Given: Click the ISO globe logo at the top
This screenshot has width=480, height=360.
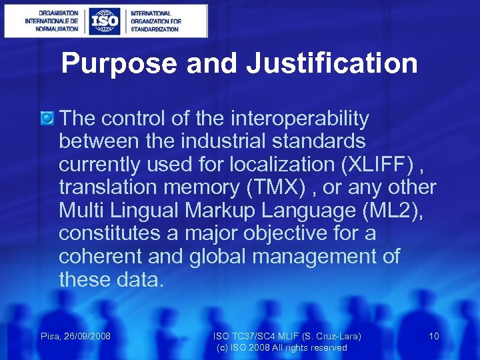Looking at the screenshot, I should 105,21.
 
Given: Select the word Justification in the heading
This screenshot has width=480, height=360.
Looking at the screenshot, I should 331,64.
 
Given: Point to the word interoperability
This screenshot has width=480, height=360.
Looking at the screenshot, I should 299,119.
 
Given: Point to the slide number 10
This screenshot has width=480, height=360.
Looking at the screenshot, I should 434,336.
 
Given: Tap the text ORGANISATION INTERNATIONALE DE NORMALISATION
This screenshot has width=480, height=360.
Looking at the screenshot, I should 51,21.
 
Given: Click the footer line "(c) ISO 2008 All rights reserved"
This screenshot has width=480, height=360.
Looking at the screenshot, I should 281,348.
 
